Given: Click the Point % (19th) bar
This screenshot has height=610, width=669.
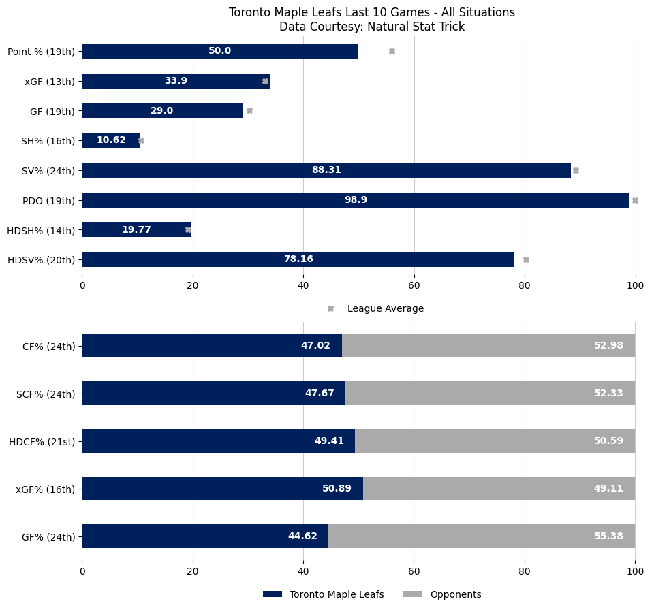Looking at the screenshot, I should tap(219, 51).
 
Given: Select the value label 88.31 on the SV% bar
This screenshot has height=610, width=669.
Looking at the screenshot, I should tap(326, 170).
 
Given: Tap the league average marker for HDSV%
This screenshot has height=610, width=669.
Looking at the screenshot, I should tap(526, 259).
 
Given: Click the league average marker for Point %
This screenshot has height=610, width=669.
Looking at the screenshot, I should tap(392, 51).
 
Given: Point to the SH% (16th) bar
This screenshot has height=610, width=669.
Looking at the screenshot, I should tap(111, 140).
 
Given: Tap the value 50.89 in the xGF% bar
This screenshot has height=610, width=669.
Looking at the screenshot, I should tap(337, 488).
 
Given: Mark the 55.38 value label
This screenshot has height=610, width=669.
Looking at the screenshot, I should tap(608, 536).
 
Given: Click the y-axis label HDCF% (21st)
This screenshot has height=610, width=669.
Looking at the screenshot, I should tap(42, 441).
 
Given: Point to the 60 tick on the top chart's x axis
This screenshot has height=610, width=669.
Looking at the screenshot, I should tap(414, 285).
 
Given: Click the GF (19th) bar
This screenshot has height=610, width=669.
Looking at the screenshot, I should tap(162, 110).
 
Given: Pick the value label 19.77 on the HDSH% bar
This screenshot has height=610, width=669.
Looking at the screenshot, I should tap(136, 229).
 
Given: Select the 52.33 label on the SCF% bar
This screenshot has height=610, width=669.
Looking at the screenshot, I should tap(608, 393).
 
